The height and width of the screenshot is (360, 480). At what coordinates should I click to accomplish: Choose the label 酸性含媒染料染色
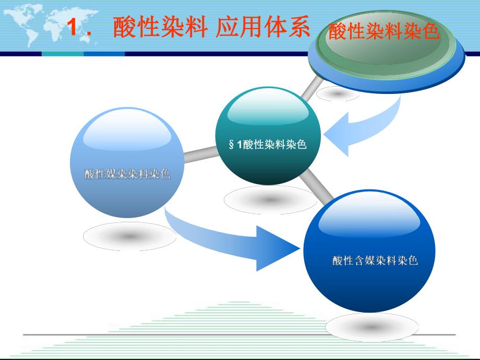[x=375, y=260]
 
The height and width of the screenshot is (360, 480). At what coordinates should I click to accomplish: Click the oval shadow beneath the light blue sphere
[x=129, y=237]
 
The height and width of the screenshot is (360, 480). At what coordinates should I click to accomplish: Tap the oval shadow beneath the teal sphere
[x=269, y=199]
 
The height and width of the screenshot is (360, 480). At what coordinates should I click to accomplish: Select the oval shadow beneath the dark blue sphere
[x=371, y=328]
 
